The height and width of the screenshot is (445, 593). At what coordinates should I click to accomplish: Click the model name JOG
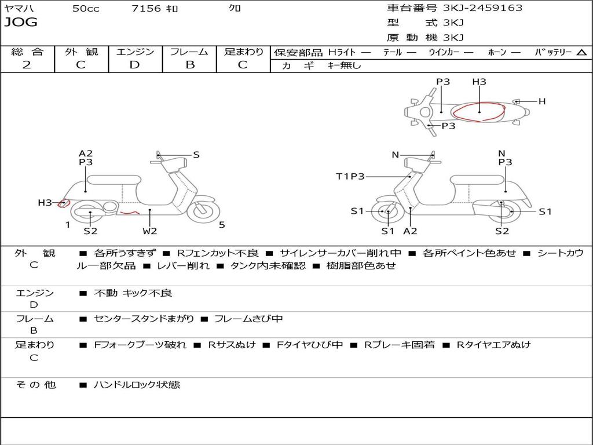pyautogui.click(x=20, y=23)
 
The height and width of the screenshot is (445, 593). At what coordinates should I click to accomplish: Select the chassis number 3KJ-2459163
pyautogui.click(x=482, y=8)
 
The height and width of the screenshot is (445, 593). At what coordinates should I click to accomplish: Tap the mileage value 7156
pyautogui.click(x=147, y=9)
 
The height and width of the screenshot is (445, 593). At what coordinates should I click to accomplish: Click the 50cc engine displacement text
pyautogui.click(x=86, y=9)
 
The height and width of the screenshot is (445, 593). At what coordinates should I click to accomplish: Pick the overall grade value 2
pyautogui.click(x=27, y=65)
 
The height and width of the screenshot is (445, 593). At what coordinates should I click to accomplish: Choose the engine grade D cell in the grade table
pyautogui.click(x=134, y=65)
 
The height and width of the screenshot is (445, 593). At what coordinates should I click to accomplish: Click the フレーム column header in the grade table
pyautogui.click(x=189, y=52)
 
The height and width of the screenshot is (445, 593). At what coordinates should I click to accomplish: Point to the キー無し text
pyautogui.click(x=344, y=65)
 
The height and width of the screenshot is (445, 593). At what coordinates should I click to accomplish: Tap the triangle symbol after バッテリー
pyautogui.click(x=581, y=52)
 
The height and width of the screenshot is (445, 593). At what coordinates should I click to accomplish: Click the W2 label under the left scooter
pyautogui.click(x=150, y=231)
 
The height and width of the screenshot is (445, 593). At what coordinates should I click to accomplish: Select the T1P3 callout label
pyautogui.click(x=350, y=176)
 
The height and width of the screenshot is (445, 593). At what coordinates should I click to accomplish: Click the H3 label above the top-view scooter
pyautogui.click(x=479, y=82)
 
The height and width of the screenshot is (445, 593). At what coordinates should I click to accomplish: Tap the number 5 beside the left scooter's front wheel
pyautogui.click(x=222, y=225)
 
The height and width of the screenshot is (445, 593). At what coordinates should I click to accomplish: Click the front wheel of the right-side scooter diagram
pyautogui.click(x=387, y=212)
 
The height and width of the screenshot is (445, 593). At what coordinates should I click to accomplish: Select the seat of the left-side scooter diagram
pyautogui.click(x=115, y=179)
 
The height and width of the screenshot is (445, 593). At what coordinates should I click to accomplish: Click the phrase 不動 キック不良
pyautogui.click(x=133, y=293)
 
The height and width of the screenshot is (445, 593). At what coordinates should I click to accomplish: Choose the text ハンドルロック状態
pyautogui.click(x=137, y=384)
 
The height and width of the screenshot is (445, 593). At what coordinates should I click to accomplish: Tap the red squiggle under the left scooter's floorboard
pyautogui.click(x=130, y=213)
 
